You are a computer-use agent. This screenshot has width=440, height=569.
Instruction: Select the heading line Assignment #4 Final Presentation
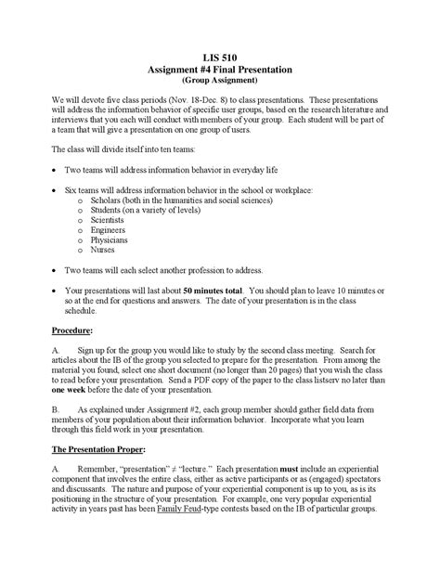click(x=220, y=70)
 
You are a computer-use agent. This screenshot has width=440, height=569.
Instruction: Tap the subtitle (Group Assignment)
click(x=220, y=81)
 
